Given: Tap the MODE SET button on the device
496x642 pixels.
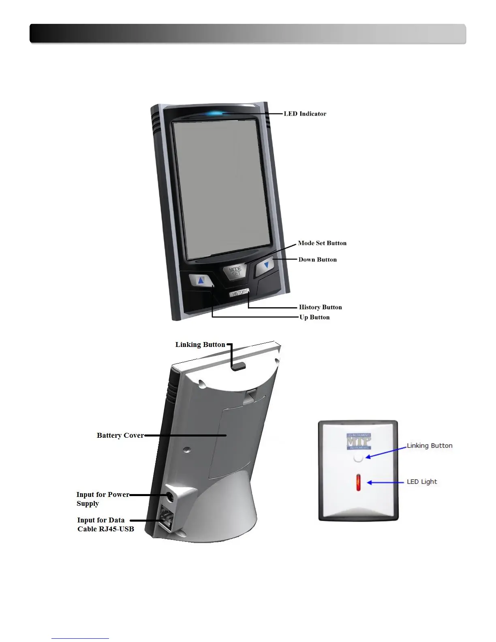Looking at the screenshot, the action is point(235,271).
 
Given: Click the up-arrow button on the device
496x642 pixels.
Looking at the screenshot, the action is point(201,280).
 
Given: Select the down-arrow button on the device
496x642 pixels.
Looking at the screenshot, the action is point(266,265).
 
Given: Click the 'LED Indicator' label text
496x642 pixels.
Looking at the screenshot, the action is point(305,114).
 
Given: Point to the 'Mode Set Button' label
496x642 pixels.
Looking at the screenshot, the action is point(322,243).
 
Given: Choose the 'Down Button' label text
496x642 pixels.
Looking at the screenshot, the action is point(317,260).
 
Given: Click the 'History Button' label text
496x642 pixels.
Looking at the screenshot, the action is point(320,307).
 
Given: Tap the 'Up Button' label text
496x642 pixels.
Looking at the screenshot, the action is point(314,317).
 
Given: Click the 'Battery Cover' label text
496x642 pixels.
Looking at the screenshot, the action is point(120,435).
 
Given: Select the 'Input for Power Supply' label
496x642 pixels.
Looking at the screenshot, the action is point(102,499).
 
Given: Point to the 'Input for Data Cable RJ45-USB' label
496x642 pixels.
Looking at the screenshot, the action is point(105,524).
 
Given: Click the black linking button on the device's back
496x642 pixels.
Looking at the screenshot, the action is point(238,366).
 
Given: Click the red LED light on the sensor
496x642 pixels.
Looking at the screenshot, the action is point(358,482).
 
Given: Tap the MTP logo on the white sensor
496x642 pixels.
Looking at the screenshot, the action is point(359,442).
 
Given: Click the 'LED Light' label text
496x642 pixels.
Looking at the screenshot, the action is point(422,482).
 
